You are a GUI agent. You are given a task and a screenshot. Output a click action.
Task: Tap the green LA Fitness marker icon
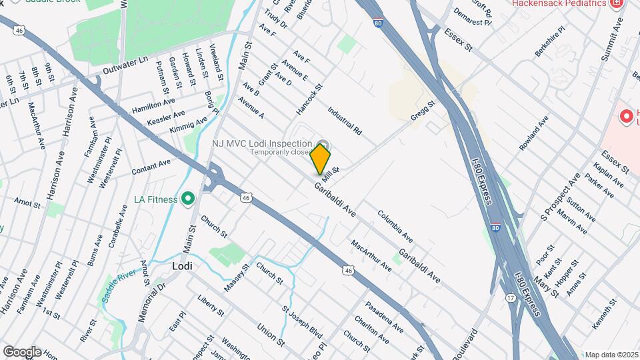tap(188, 199)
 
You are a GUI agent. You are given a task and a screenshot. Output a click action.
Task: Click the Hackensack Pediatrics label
tap(560, 4)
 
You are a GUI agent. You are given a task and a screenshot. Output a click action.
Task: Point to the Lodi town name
tap(182, 265)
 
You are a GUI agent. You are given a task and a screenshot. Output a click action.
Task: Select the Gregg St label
tap(423, 111)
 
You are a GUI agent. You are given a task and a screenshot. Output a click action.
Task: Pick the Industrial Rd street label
tap(344, 121)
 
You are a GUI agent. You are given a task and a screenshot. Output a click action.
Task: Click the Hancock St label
tap(309, 97)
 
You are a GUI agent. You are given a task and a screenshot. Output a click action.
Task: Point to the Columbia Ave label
tap(395, 226)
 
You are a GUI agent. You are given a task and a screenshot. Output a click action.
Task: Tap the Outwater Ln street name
tap(125, 65)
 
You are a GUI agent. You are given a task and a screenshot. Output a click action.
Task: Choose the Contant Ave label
tap(151, 167)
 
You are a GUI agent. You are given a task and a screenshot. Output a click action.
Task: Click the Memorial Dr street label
tap(151, 301)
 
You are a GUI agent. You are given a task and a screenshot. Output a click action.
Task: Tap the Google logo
tap(21, 352)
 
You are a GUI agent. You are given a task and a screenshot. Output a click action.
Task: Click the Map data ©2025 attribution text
tap(611, 355)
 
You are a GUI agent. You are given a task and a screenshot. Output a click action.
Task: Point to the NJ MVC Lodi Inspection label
tap(262, 143)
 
